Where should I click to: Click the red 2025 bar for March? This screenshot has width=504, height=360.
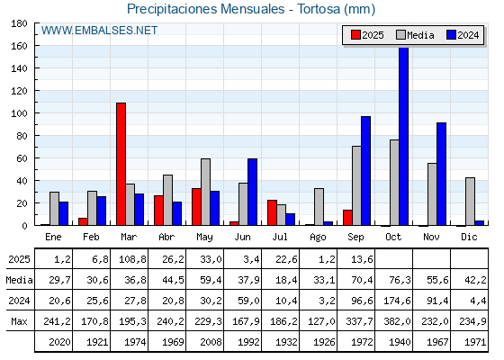(121, 164)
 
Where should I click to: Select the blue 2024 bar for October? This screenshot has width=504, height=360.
(404, 137)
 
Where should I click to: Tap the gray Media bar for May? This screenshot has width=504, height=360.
(206, 192)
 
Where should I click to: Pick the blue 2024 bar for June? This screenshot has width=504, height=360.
(252, 192)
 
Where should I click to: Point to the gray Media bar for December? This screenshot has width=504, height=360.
(470, 202)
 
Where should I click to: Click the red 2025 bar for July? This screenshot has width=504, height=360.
(272, 212)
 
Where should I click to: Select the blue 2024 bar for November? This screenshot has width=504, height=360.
(441, 174)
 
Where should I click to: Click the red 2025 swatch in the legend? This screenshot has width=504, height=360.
(355, 35)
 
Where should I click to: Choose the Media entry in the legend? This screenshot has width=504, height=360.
(415, 35)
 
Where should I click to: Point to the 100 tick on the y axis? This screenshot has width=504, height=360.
(36, 113)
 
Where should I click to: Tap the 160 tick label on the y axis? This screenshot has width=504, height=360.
(19, 46)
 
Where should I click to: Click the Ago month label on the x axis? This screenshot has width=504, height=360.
(318, 238)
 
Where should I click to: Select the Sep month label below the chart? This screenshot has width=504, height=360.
(355, 237)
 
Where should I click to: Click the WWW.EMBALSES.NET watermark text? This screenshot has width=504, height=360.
(99, 31)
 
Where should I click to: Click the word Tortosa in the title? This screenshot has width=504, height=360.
(319, 9)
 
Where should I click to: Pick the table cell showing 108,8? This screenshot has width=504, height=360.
(133, 259)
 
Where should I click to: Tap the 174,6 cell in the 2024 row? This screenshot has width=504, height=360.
(397, 301)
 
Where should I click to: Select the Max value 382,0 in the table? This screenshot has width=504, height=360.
(397, 321)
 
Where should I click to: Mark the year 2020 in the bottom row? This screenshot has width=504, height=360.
(59, 342)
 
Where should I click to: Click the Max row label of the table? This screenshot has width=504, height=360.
(19, 321)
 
